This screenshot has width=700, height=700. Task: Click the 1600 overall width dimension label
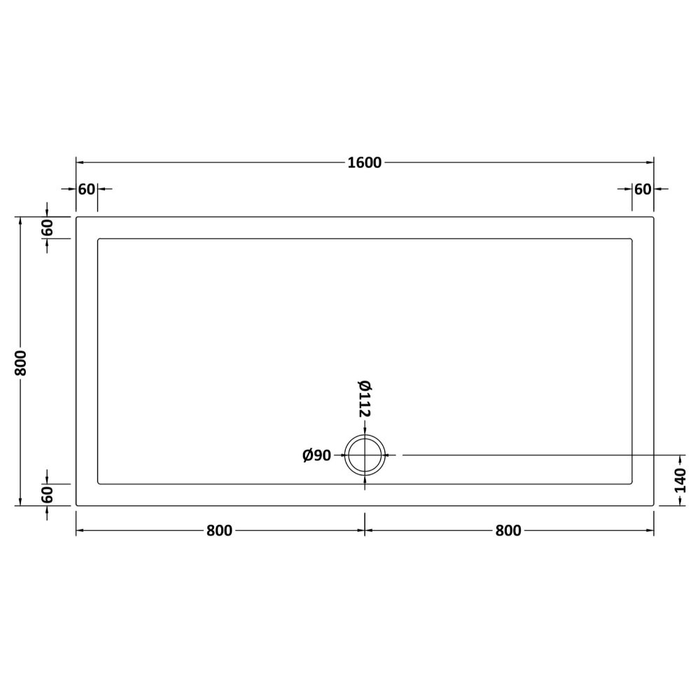tap(364, 163)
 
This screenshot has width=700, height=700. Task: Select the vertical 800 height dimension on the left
tap(21, 362)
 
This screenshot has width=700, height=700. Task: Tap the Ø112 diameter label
tap(365, 399)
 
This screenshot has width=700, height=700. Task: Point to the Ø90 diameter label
tap(317, 456)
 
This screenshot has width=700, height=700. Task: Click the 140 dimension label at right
tap(680, 480)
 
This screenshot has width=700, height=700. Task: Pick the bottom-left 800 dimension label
tap(219, 531)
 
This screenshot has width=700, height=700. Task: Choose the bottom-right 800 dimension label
tap(508, 531)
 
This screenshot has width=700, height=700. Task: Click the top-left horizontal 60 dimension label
tap(87, 189)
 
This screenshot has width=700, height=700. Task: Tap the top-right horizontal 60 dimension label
tap(643, 189)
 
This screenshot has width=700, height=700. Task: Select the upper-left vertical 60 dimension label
tap(47, 227)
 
